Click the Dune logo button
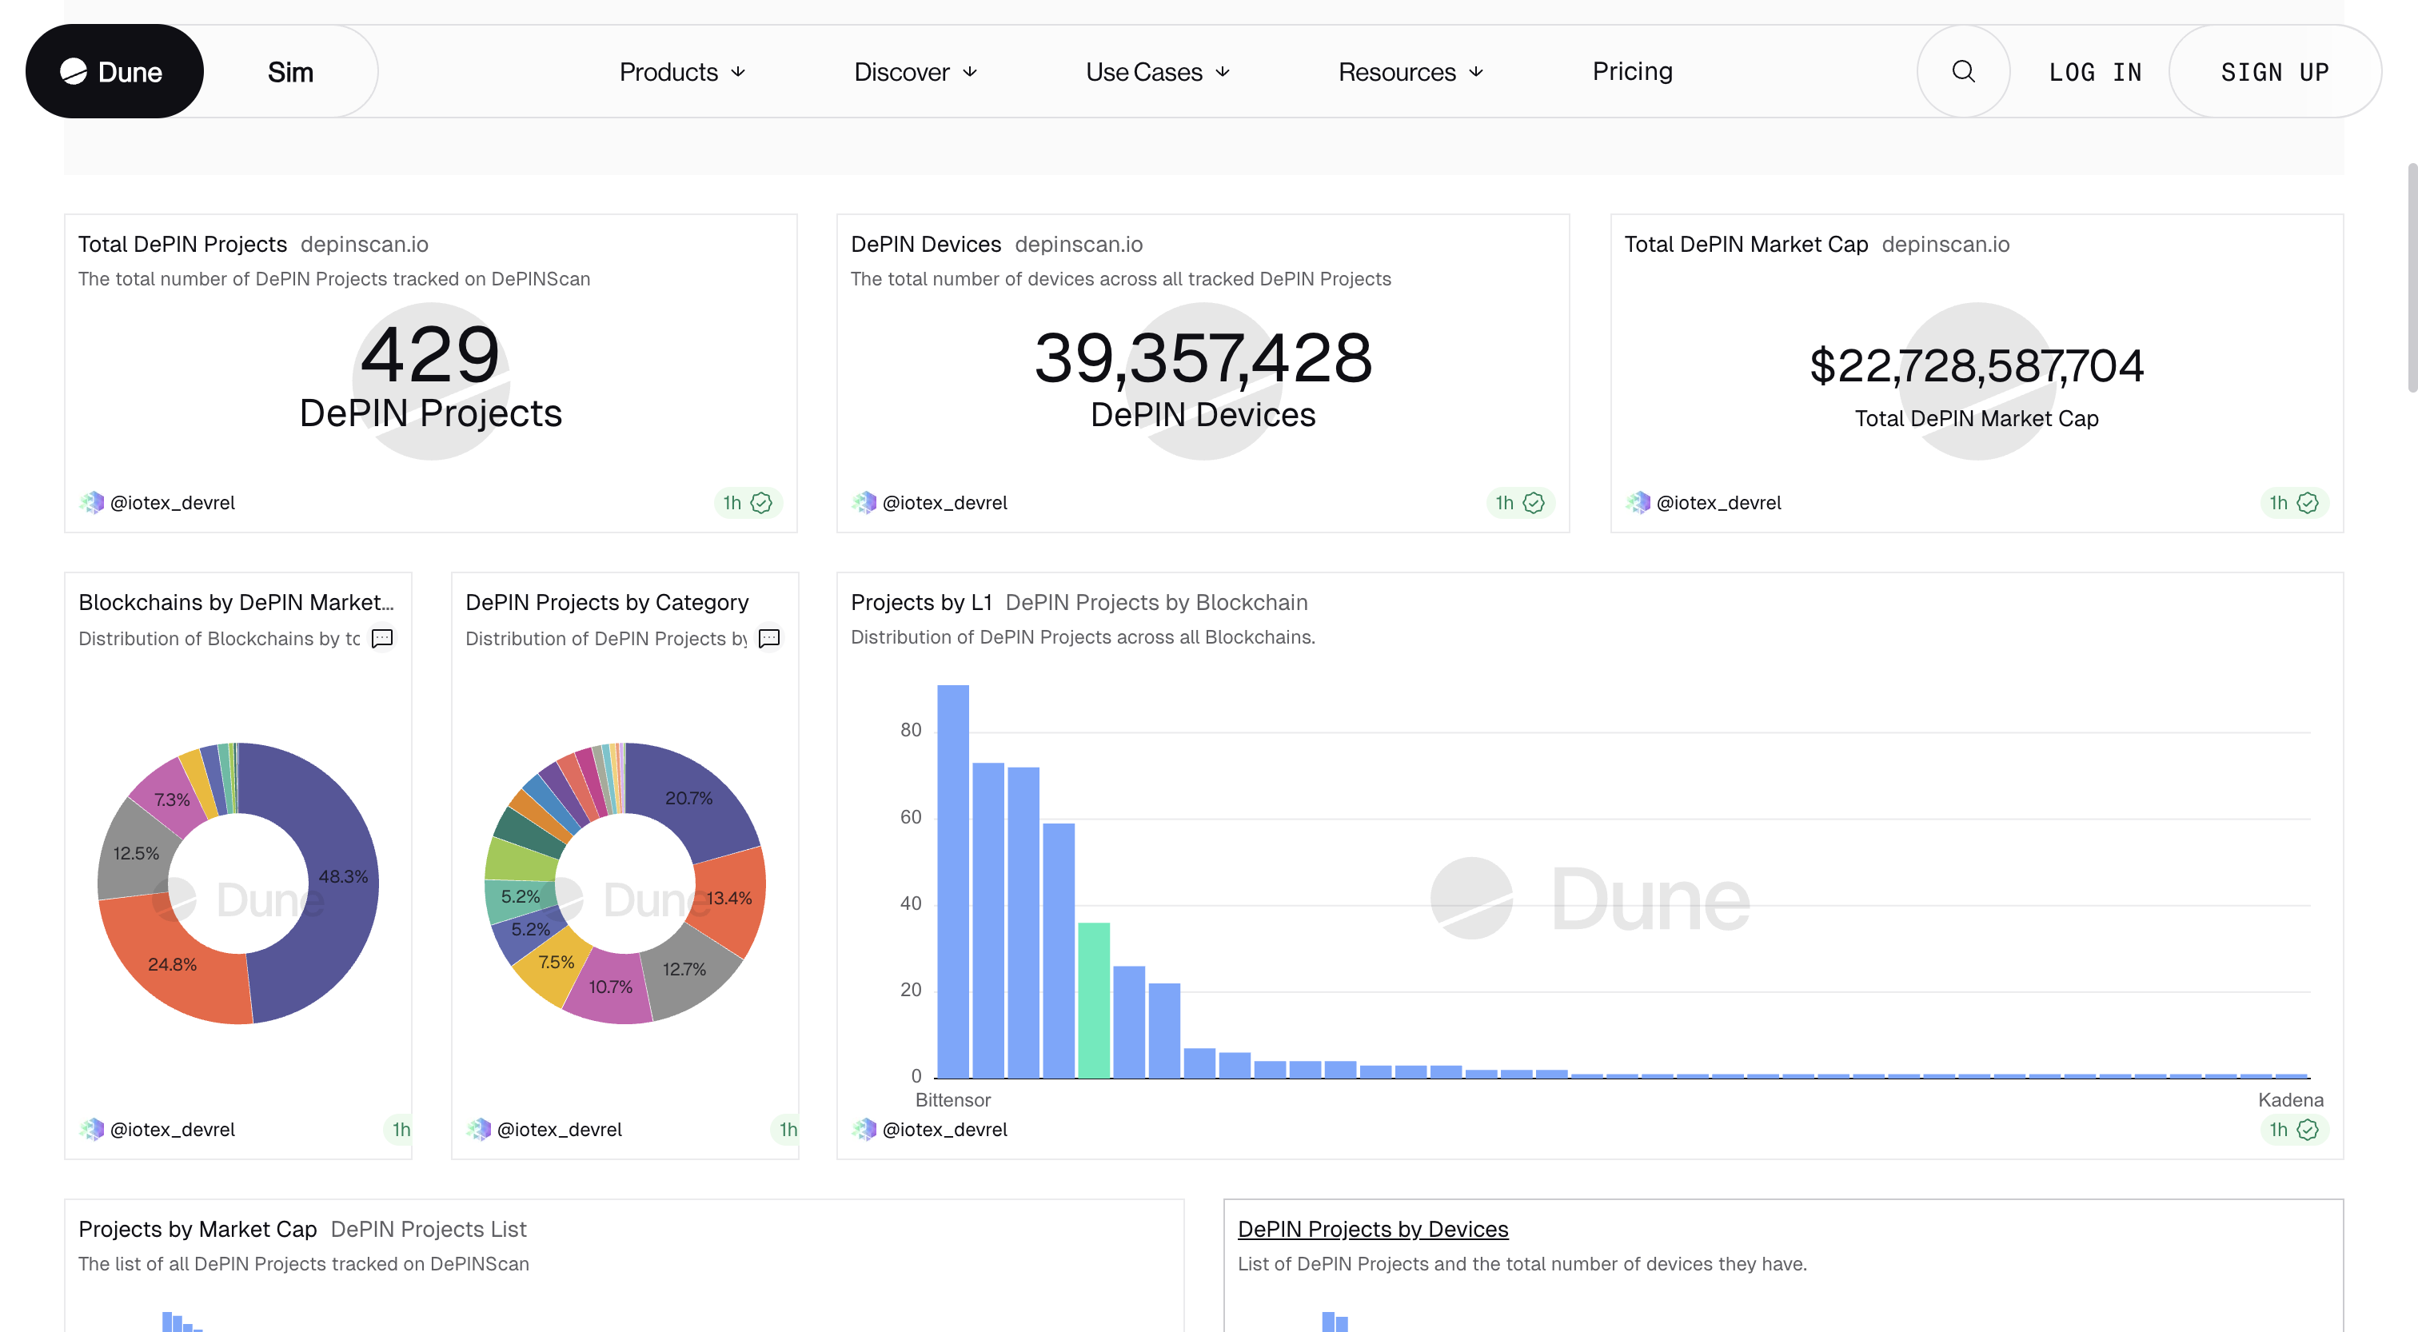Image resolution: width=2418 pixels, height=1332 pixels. (x=114, y=71)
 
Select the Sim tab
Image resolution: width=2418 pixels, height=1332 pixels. (x=290, y=71)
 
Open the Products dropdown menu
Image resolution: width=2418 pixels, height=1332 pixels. (x=681, y=71)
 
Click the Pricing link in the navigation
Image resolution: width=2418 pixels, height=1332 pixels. (x=1631, y=71)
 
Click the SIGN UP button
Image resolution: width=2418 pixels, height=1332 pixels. (x=2273, y=72)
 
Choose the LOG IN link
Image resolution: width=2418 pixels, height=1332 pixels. (x=2094, y=72)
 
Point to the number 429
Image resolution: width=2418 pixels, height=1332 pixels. (x=430, y=355)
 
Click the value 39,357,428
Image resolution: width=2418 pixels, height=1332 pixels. (x=1203, y=357)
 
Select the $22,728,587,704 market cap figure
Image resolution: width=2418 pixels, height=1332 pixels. (x=1976, y=365)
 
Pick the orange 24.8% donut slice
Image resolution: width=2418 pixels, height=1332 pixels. (x=172, y=964)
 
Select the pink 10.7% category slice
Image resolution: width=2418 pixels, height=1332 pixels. (x=610, y=987)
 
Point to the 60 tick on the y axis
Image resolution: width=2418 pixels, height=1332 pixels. (x=910, y=816)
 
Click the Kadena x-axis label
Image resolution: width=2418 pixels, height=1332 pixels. (x=2289, y=1099)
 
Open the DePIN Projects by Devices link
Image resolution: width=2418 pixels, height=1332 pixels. (x=1372, y=1229)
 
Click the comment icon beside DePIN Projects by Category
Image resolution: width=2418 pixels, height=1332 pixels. (x=768, y=638)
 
